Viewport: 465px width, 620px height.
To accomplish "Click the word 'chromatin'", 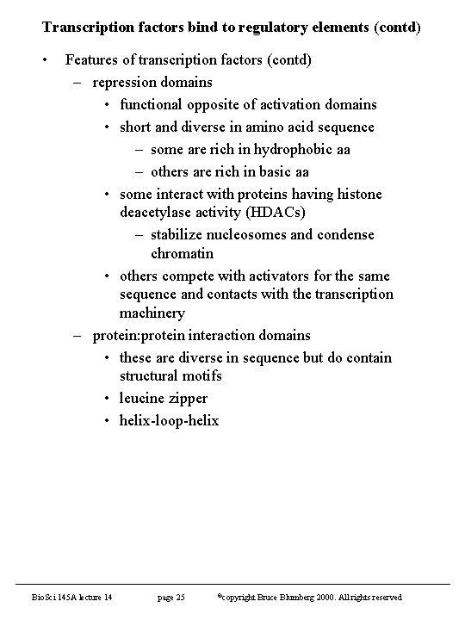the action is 182,254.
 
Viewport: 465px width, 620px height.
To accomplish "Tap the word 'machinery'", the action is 152,313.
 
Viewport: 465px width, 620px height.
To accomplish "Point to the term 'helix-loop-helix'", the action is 170,420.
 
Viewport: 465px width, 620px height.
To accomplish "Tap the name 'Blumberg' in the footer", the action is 317,598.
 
